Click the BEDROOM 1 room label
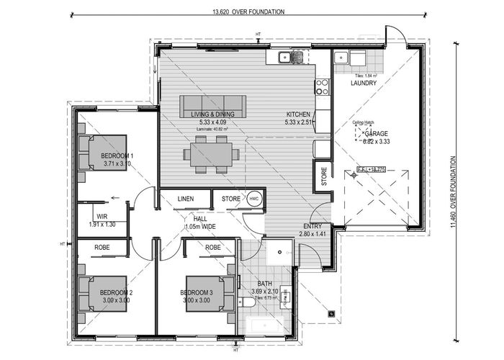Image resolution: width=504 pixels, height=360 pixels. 117,156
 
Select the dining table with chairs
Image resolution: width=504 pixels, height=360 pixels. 212,155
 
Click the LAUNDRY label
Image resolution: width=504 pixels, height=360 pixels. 364,83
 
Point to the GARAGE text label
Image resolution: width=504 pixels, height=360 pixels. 377,135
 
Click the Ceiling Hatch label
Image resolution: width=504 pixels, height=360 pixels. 364,123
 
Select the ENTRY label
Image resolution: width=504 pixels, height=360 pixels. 312,226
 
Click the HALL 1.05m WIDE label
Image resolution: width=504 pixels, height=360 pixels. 200,222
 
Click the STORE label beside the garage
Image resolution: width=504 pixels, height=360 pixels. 324,177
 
